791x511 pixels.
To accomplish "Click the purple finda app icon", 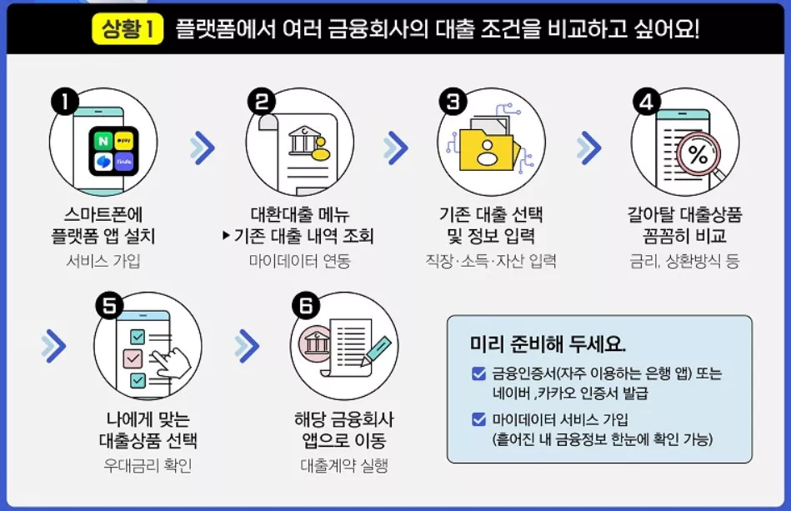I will click(125, 162).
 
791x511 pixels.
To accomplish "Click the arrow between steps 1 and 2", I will click(202, 148).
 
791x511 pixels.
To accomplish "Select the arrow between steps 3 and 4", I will click(589, 148).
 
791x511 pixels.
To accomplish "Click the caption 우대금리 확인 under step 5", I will click(148, 464).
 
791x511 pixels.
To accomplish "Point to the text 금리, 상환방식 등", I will click(684, 261).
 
